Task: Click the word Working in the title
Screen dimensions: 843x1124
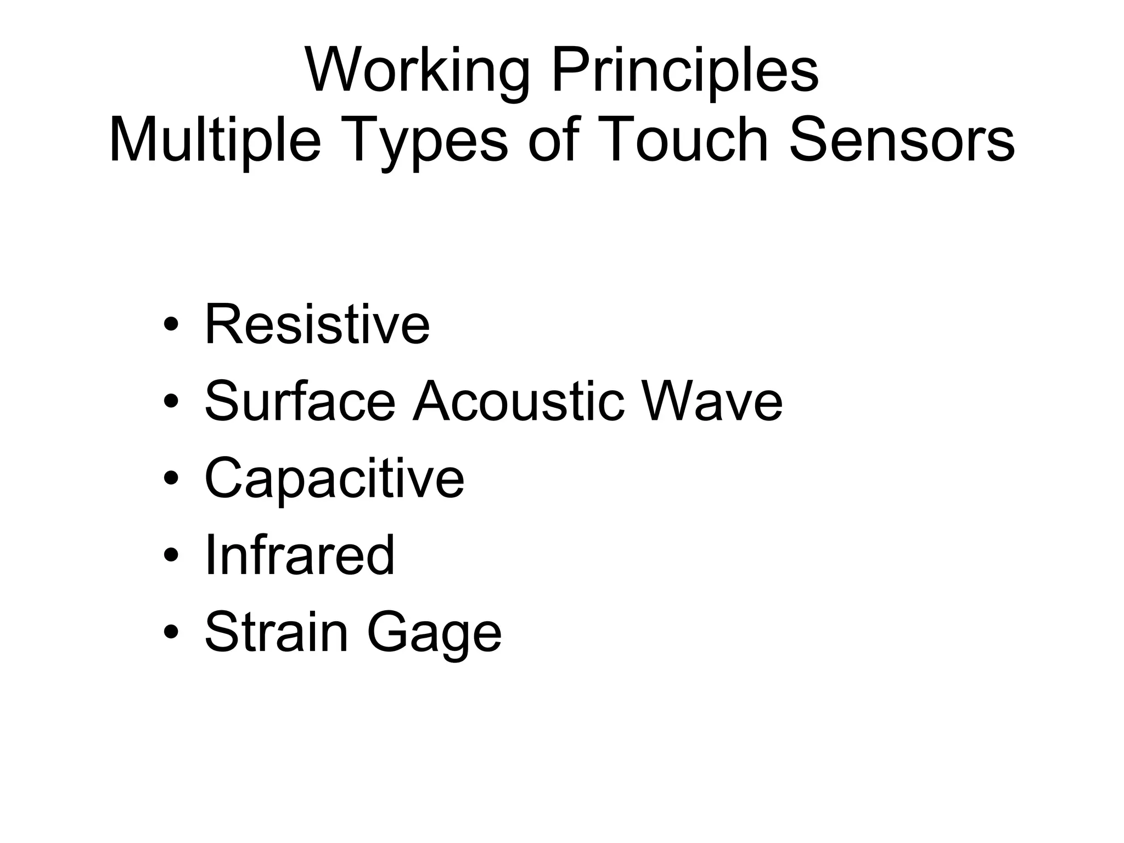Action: (417, 71)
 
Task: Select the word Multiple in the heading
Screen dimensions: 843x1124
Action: (215, 140)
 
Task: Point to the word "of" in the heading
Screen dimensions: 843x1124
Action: (554, 140)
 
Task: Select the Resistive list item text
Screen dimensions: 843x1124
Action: (317, 325)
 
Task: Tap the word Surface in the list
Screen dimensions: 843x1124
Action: (300, 402)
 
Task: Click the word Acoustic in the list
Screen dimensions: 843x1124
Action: (519, 402)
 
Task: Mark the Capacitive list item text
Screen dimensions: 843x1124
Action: (334, 479)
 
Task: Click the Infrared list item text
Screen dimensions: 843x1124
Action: (300, 555)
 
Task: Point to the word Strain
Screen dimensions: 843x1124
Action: (277, 632)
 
